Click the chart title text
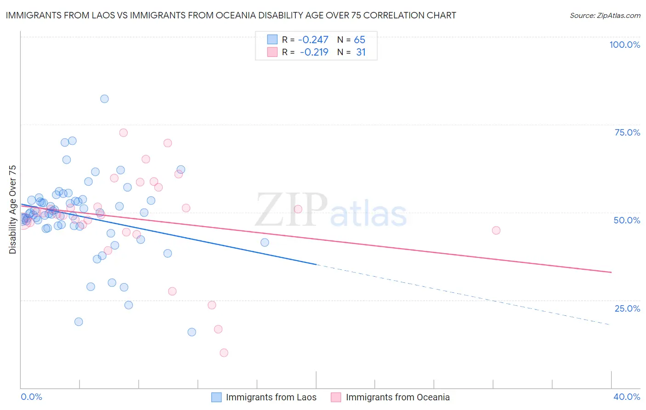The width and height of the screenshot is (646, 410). coord(231,15)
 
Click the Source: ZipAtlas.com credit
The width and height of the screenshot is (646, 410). coord(605,16)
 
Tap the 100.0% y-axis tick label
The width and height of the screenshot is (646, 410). coord(624,45)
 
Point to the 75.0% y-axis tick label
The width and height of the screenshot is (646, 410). coord(627,132)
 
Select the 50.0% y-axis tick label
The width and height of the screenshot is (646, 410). coord(627,220)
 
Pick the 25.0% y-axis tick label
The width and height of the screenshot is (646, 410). coord(627,308)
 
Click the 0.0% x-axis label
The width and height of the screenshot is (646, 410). coord(31,397)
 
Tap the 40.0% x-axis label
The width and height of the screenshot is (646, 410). coord(627,397)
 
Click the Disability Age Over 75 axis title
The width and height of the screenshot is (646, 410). coord(12,209)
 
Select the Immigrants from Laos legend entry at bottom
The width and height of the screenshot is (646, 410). coord(271,397)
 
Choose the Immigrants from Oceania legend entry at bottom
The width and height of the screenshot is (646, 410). coord(397,397)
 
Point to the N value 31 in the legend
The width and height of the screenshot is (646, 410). coord(361,52)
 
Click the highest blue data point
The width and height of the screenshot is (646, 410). coord(104,99)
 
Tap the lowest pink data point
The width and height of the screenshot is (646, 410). coord(224,353)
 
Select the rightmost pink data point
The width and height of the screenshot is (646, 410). coord(496,230)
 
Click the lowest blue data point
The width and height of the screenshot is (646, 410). coord(192,332)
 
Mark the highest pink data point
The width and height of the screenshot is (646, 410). coord(123,133)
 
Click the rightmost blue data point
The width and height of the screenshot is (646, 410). coord(265,242)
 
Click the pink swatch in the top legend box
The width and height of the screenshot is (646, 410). coord(272,52)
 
